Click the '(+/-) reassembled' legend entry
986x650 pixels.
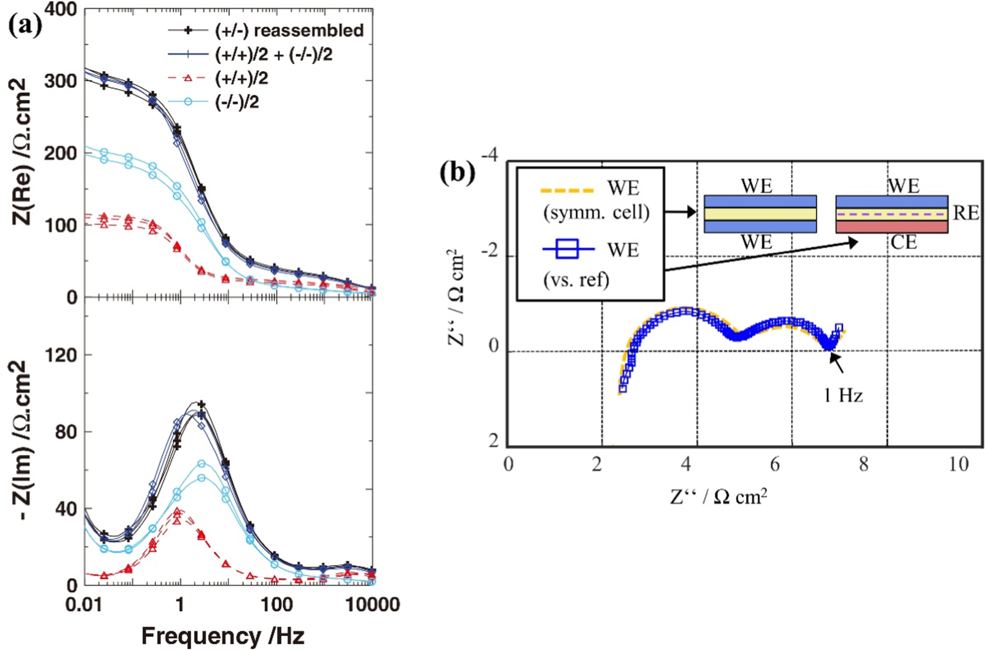289,30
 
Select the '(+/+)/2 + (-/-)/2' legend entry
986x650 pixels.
273,55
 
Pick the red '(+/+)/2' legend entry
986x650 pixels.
241,79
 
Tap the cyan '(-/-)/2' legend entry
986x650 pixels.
237,102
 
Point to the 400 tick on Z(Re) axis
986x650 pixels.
62,9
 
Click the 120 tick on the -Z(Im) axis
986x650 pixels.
62,355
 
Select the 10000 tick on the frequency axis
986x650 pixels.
373,605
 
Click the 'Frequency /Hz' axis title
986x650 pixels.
222,636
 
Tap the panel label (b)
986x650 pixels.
457,172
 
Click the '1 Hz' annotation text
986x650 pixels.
843,395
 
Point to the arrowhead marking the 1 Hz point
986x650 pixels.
832,356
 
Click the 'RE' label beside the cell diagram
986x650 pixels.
966,213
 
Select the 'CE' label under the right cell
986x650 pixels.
904,242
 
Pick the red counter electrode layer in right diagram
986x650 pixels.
891,226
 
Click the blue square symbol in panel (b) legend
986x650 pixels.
568,250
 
